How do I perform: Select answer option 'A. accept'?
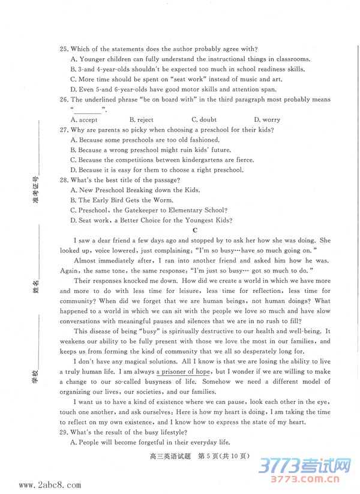(x=83, y=120)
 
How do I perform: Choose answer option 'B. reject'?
(x=141, y=120)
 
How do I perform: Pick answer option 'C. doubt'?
(x=204, y=120)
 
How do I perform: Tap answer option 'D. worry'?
(x=267, y=120)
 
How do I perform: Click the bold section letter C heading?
(x=195, y=230)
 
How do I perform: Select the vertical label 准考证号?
(x=35, y=191)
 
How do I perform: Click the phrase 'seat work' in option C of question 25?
(x=181, y=79)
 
